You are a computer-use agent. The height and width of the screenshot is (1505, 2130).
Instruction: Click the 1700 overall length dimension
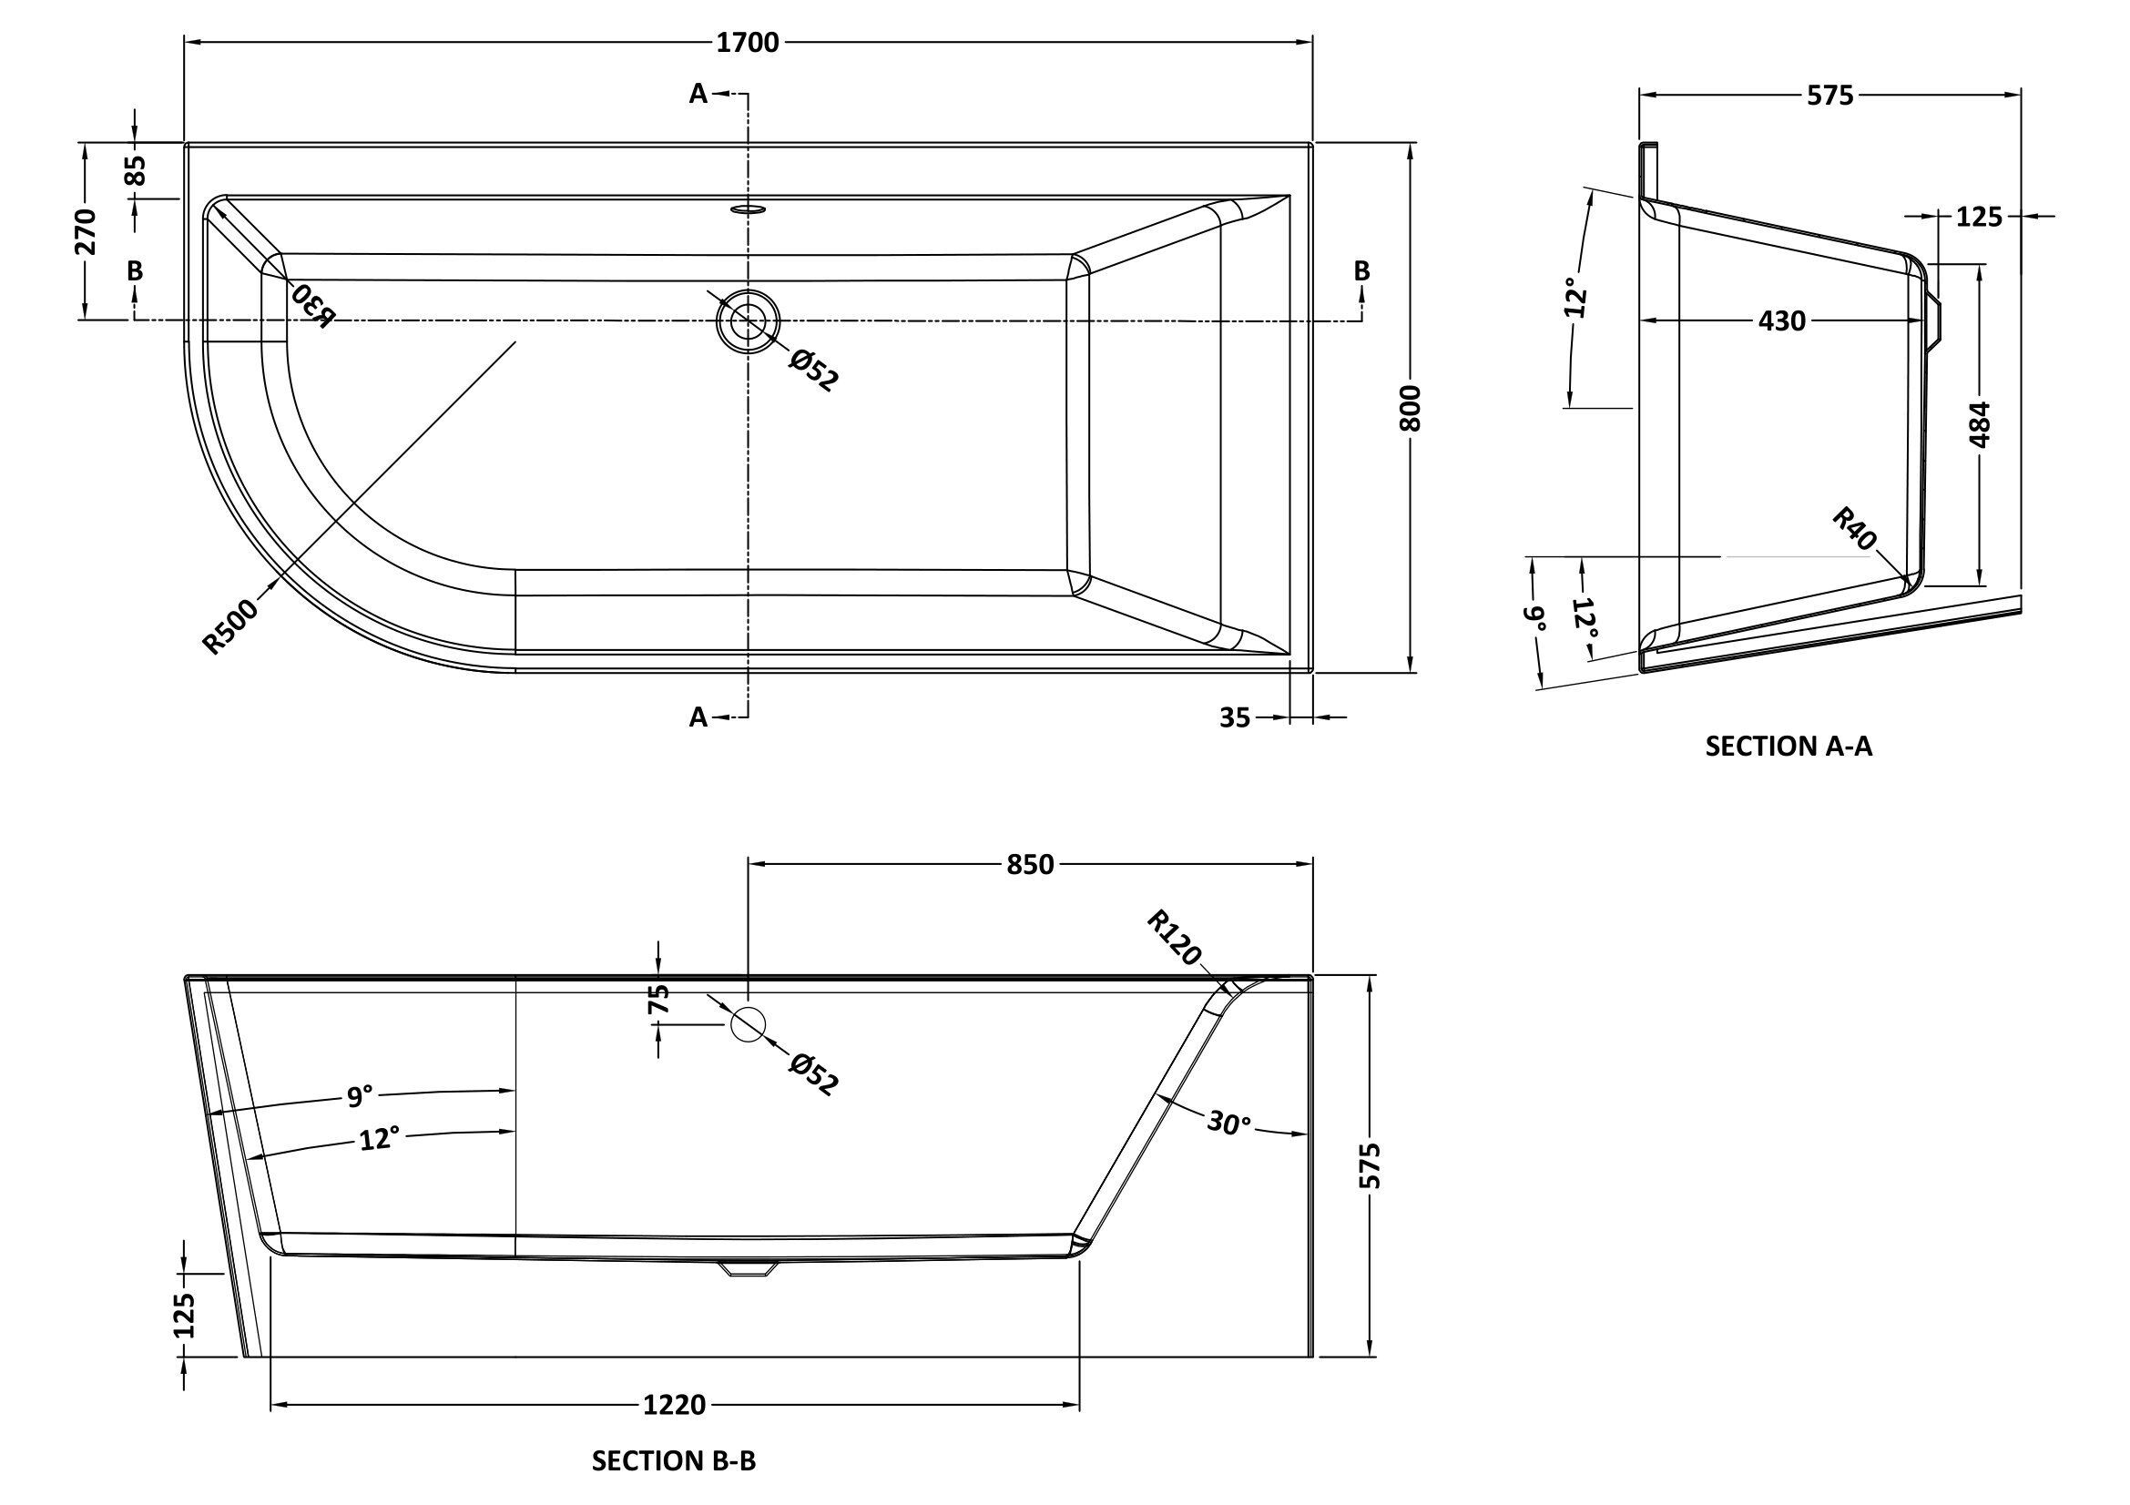coord(748,43)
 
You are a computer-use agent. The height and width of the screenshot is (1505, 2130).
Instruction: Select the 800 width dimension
coord(1410,407)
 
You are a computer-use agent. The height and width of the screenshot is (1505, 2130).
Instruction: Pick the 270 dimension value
coord(86,232)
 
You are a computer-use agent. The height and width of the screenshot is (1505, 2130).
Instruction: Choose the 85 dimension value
coord(136,170)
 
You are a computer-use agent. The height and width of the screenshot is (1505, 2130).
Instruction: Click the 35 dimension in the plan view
coord(1235,717)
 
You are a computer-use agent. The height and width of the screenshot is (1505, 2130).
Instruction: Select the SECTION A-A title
coord(1789,747)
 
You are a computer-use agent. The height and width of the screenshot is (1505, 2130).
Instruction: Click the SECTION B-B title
coord(674,1461)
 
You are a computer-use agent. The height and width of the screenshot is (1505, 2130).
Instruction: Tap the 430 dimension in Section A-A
coord(1782,320)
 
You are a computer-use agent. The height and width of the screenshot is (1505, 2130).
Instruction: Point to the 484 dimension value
coord(1979,424)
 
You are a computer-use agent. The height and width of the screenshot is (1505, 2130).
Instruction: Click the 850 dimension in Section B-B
coord(1031,864)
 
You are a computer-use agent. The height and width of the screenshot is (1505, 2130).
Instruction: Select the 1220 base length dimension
coord(675,1406)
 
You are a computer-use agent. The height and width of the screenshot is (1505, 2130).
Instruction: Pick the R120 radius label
coord(1174,939)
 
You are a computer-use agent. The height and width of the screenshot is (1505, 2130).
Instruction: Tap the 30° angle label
coord(1229,1124)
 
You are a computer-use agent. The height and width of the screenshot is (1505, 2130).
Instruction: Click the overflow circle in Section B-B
coord(748,1023)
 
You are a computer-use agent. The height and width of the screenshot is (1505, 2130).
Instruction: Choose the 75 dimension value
coord(657,1000)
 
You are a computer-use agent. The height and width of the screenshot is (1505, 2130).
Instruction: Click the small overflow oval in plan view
coord(747,208)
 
